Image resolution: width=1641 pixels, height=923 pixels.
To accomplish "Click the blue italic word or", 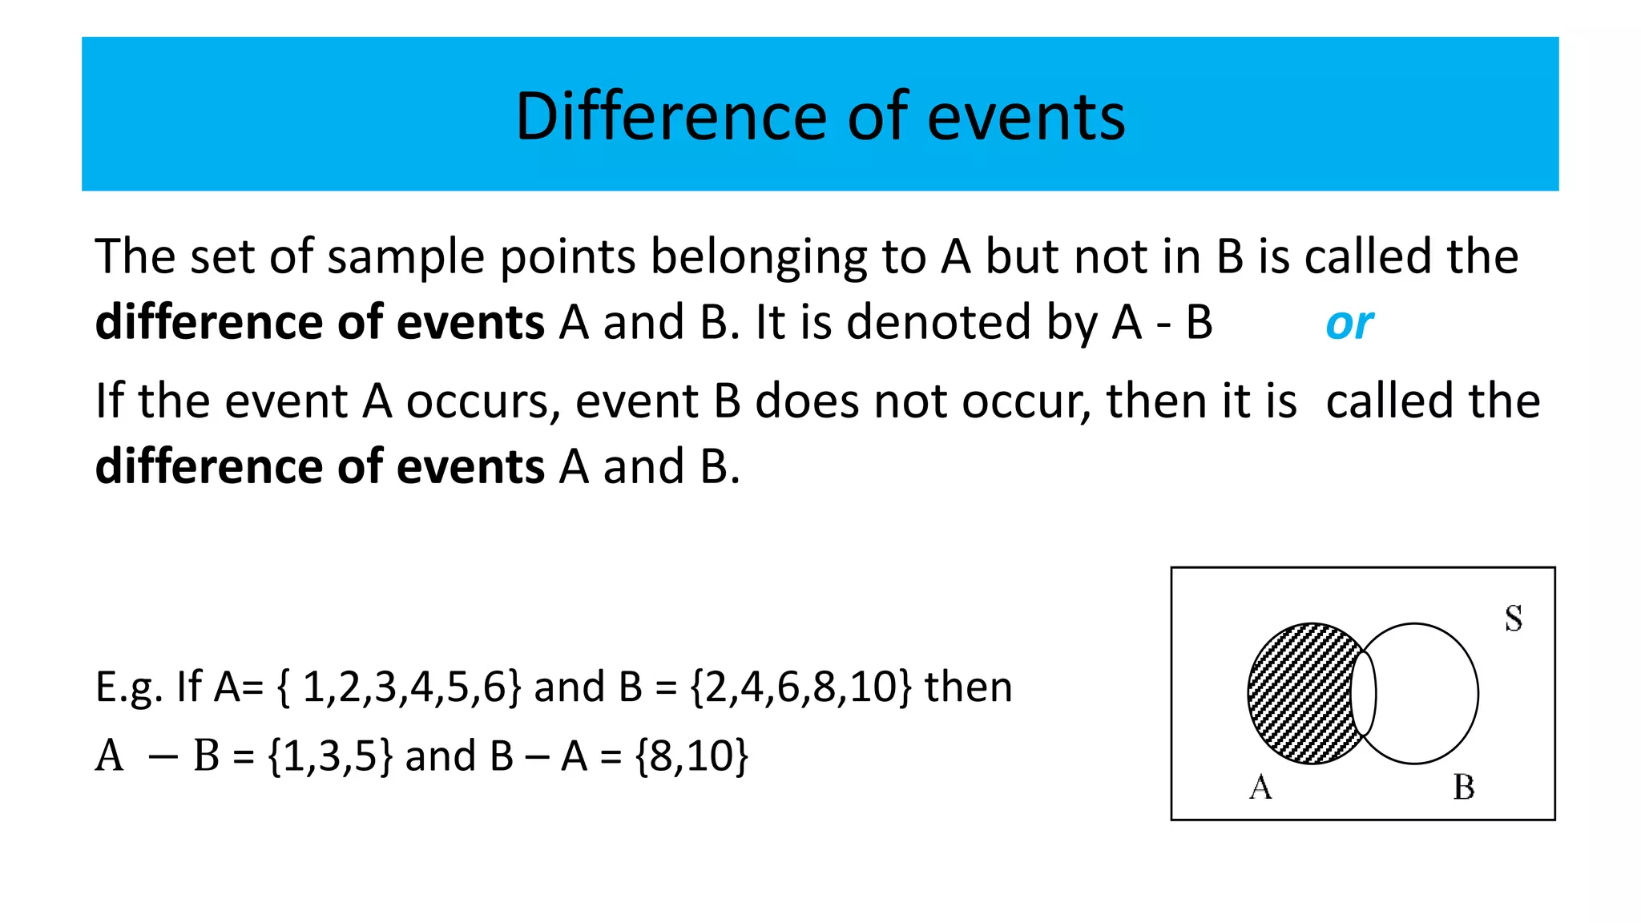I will coord(1349,324).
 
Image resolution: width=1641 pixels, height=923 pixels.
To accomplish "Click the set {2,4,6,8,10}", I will coord(800,687).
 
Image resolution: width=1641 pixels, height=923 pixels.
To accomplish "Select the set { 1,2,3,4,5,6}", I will coord(398,687).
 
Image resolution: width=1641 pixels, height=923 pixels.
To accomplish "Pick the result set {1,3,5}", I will coord(330,756).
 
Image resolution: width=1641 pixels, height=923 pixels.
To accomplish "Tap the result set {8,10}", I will coord(692,756).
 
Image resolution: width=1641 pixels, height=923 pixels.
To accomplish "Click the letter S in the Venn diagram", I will coord(1513,619).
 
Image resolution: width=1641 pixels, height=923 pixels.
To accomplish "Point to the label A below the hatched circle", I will coord(1260,788).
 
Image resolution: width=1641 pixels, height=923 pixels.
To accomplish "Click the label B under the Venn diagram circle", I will coord(1464,788).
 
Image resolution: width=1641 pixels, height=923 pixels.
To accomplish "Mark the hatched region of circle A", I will coord(1298,694).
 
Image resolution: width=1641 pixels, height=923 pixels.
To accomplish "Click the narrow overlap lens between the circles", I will coord(1363,694).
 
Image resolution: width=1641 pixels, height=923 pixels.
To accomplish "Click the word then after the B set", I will coord(968,687).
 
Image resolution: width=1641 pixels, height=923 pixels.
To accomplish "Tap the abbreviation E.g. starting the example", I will coord(129,687).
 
